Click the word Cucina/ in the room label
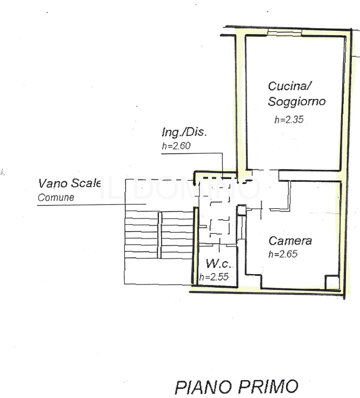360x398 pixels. [290, 86]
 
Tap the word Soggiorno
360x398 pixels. [297, 101]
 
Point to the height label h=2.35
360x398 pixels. [289, 120]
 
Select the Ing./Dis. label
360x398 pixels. [184, 132]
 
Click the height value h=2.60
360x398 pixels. [177, 145]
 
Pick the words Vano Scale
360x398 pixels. [70, 184]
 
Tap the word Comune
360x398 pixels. [56, 197]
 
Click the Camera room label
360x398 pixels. [290, 241]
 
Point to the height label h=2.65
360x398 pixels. [283, 254]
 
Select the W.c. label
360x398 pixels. [218, 264]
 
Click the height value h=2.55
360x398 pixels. [214, 277]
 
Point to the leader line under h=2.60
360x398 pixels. [192, 154]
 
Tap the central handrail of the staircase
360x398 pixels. [159, 235]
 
